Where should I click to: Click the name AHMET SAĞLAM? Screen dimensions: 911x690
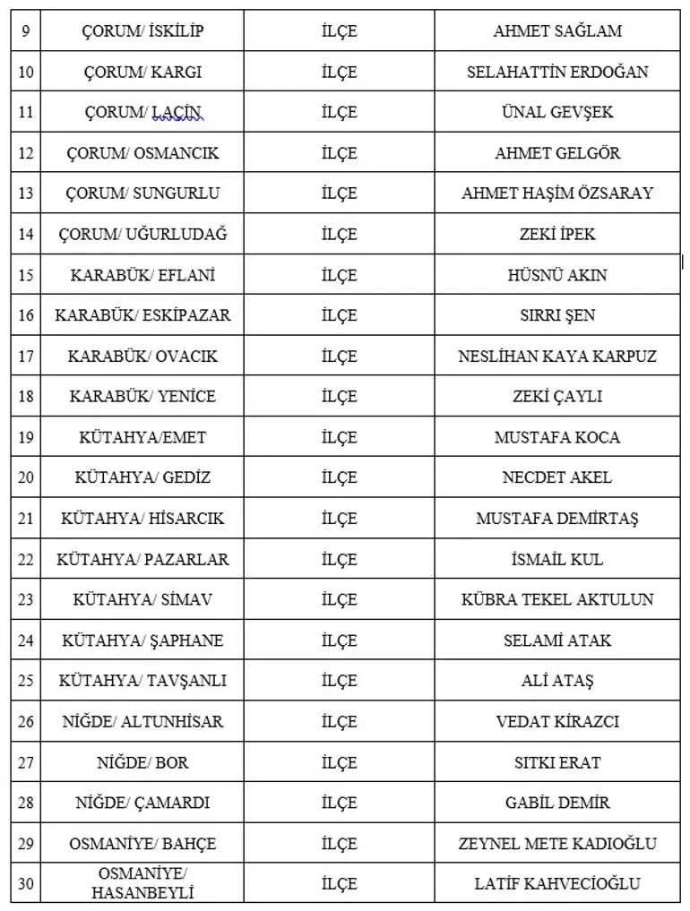click(556, 31)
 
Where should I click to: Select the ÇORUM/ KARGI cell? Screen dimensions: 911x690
click(142, 72)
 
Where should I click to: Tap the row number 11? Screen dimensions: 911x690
click(25, 113)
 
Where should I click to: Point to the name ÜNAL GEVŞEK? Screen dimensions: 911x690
click(556, 113)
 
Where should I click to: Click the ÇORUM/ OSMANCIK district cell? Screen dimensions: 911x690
click(142, 153)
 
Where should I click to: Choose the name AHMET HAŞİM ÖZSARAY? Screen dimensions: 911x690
click(556, 193)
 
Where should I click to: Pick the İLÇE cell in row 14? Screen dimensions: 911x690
click(339, 235)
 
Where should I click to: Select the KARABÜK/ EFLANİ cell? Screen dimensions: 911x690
click(142, 275)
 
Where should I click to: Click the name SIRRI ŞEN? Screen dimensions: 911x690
click(556, 315)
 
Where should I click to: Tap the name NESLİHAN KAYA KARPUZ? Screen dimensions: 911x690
click(556, 357)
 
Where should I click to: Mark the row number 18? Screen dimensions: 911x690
click(25, 396)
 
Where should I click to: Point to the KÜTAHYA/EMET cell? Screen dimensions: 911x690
click(142, 438)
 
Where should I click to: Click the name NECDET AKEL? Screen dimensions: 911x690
click(556, 478)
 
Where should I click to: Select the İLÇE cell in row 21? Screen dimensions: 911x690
click(339, 519)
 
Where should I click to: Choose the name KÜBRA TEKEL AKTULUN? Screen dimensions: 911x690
click(556, 600)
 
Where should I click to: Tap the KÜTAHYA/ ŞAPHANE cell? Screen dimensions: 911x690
click(142, 640)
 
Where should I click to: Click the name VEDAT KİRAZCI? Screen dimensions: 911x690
click(556, 722)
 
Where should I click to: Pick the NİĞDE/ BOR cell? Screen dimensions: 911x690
click(142, 763)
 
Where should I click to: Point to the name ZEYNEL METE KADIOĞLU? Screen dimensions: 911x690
click(556, 844)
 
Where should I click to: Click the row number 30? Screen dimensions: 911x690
click(25, 884)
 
